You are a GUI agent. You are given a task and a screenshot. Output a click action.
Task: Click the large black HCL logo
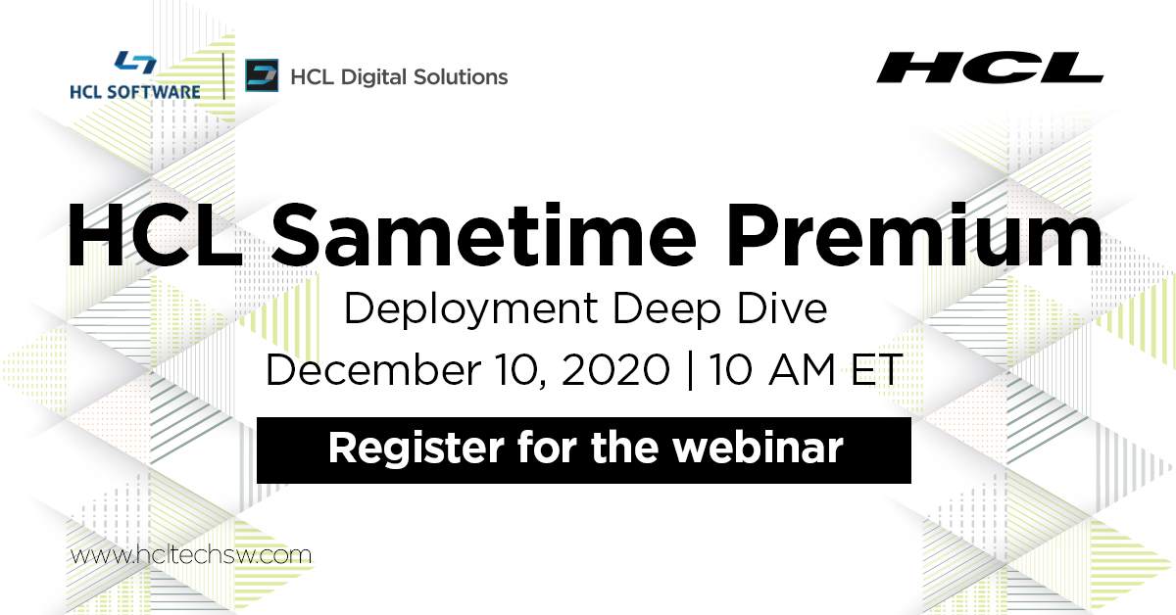[990, 68]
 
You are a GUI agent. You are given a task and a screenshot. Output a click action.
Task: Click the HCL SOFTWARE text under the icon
[135, 92]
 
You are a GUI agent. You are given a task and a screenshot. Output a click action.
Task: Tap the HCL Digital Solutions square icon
[262, 76]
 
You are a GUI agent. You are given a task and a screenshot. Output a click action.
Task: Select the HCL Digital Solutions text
[399, 76]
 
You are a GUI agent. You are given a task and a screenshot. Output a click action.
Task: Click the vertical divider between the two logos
[224, 76]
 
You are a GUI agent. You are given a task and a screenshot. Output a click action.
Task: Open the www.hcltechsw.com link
[191, 555]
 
